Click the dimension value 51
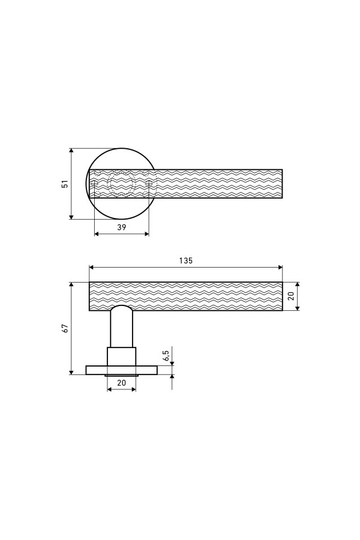pos(65,184)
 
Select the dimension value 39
pos(122,227)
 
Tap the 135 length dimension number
pos(185,261)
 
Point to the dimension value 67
pos(65,328)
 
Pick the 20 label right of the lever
pos(292,296)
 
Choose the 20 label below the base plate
pos(122,383)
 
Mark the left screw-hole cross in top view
pos(94,184)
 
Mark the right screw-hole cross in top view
pos(149,184)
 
